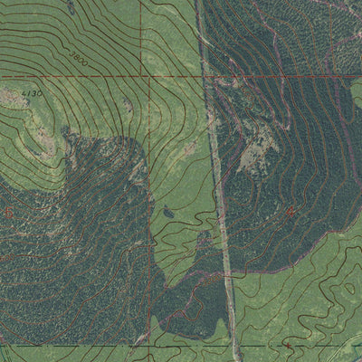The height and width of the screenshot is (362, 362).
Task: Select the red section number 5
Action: tap(7, 211)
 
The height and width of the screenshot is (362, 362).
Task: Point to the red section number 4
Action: tap(290, 211)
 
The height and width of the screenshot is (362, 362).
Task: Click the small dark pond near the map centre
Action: tap(169, 214)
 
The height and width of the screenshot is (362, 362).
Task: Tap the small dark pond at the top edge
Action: tap(71, 6)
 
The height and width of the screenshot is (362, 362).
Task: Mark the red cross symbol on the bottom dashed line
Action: tap(288, 345)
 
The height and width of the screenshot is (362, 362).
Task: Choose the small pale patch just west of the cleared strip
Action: tap(192, 148)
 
